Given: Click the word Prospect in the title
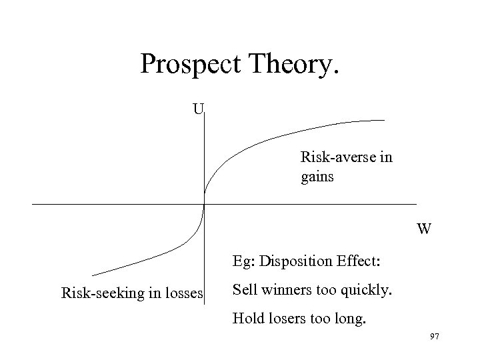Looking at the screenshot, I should tap(193, 65).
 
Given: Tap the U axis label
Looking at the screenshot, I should tap(198, 107).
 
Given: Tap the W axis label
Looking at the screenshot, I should tap(424, 229).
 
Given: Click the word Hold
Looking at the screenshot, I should tap(246, 319).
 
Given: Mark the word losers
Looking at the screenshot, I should tap(285, 319).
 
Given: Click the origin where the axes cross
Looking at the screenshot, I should tap(204, 203).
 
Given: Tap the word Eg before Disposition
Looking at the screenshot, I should tap(241, 261).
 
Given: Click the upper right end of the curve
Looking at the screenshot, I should tap(384, 120).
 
